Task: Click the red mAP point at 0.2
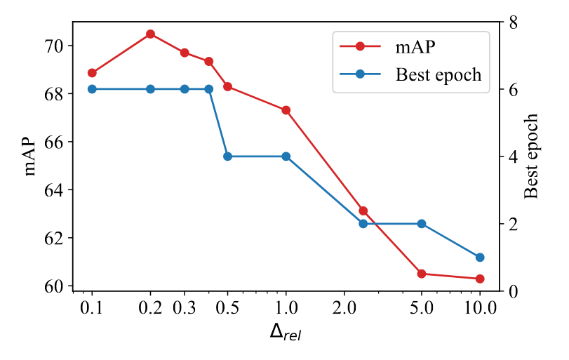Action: tap(150, 34)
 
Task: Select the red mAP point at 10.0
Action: tap(480, 279)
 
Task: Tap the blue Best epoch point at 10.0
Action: tap(480, 258)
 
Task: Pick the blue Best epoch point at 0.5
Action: tap(227, 156)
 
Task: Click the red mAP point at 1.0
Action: tap(286, 110)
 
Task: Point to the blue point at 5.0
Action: tap(422, 224)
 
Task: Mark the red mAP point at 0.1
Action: tap(92, 73)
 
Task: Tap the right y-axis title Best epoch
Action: tap(532, 156)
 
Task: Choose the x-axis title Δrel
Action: tap(286, 332)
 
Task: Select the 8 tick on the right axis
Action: tap(513, 22)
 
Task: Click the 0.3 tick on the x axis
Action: tap(185, 307)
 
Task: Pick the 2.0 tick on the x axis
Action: tap(344, 307)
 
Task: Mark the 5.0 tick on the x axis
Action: tap(422, 307)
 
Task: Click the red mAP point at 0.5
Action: tap(227, 86)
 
